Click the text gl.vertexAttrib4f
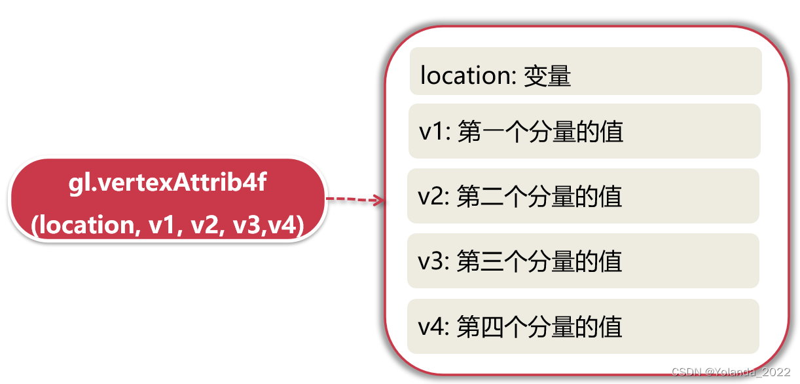(168, 183)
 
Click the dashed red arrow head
(378, 200)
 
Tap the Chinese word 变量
(547, 76)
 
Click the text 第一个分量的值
(540, 132)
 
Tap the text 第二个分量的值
(540, 197)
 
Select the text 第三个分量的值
(540, 261)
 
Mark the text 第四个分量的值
(540, 326)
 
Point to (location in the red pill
(81, 225)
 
